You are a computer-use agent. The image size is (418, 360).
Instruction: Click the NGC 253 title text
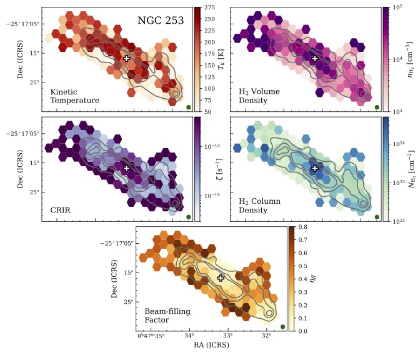click(x=161, y=21)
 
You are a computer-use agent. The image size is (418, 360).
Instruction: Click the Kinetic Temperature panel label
click(x=75, y=96)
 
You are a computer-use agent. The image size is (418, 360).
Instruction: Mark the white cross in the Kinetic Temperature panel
click(x=126, y=58)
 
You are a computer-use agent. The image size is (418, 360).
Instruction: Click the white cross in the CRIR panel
click(x=126, y=168)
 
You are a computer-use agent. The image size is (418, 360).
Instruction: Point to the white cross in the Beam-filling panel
click(x=221, y=278)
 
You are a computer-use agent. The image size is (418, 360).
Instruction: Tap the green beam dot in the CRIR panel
click(x=189, y=217)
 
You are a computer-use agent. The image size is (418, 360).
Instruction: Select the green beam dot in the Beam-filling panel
click(x=283, y=326)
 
